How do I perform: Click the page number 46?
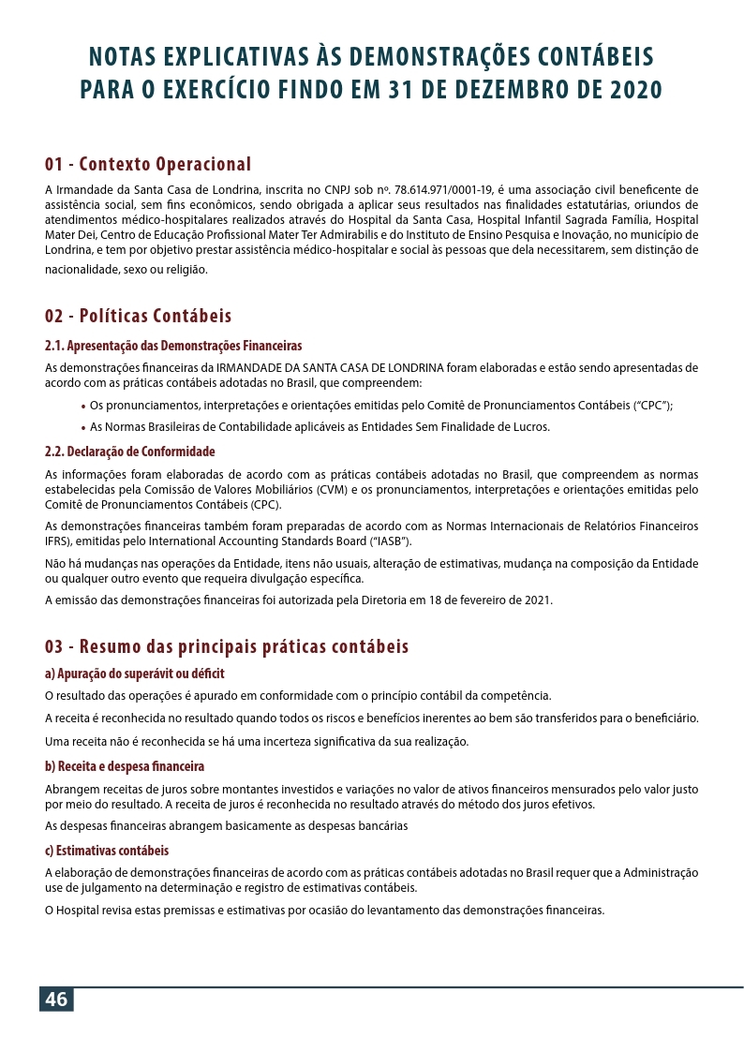56,1000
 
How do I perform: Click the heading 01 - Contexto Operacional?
148,165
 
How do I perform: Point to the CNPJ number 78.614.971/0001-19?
435,189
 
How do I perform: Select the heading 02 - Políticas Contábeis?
138,316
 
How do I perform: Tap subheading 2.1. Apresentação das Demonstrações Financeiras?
173,345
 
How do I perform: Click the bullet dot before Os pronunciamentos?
84,407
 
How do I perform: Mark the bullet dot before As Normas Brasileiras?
84,428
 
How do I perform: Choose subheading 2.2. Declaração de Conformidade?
130,452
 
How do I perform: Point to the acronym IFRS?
58,541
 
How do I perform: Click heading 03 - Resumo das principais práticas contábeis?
227,647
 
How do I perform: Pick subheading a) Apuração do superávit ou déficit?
135,674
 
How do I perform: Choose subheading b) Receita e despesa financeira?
125,765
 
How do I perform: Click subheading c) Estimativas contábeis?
107,851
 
